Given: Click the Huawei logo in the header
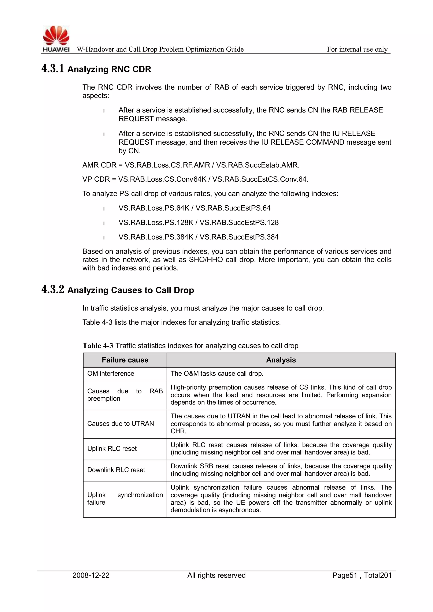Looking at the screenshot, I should click(56, 39).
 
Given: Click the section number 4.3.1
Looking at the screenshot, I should click(53, 69).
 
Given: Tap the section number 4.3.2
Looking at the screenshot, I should click(53, 289).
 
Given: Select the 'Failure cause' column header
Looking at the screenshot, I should click(125, 360).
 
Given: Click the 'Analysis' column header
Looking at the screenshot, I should click(281, 360).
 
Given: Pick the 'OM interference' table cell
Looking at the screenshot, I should click(111, 374).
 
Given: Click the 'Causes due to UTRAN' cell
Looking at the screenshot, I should click(121, 424).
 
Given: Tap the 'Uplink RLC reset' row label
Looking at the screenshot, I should click(112, 449).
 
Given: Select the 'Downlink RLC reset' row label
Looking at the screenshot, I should click(116, 470).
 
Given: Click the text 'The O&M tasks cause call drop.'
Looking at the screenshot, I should click(217, 374).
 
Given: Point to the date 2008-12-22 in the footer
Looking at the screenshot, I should click(91, 575).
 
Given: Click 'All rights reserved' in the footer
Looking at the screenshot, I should click(216, 575).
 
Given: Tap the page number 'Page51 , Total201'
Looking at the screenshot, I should click(362, 575).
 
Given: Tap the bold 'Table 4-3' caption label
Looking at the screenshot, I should click(98, 346).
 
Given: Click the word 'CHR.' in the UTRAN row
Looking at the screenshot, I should click(178, 431).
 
